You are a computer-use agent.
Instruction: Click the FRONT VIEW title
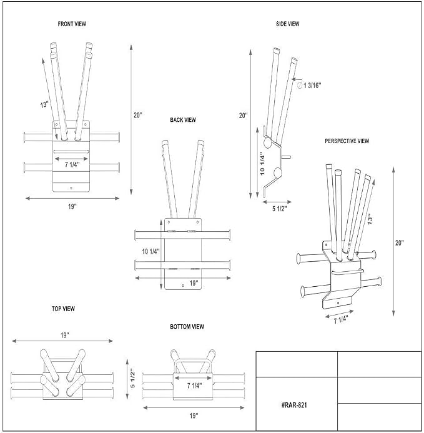(72, 24)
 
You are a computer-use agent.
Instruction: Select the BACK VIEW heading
(183, 120)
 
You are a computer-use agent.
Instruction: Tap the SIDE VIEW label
(288, 24)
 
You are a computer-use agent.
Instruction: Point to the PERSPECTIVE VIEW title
(347, 141)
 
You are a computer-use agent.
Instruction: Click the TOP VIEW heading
(63, 309)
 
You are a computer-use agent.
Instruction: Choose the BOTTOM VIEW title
(187, 327)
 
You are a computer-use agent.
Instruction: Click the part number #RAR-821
(294, 405)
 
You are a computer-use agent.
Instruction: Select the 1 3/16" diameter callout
(309, 86)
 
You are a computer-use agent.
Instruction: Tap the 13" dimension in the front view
(44, 105)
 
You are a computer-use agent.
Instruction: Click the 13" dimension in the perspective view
(370, 219)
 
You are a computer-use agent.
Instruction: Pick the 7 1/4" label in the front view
(72, 164)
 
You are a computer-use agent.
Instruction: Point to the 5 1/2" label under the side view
(280, 209)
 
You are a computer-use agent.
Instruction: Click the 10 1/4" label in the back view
(150, 251)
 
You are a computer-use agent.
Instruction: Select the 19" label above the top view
(64, 336)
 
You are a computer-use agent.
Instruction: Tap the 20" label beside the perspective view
(400, 242)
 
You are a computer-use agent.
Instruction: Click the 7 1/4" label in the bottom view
(194, 386)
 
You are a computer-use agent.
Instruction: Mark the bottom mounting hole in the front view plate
(71, 188)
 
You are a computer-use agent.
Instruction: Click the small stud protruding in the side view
(286, 157)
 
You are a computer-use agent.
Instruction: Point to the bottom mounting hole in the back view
(183, 285)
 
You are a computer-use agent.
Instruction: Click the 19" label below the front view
(72, 207)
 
